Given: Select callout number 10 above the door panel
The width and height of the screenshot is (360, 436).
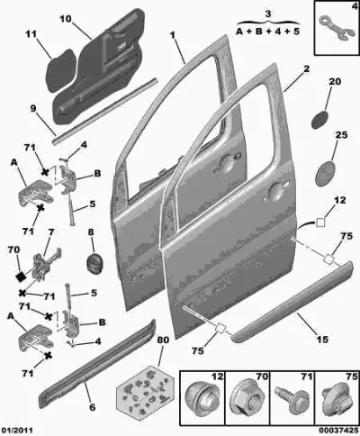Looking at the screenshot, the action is [66, 19].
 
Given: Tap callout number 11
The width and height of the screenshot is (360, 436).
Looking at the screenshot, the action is [31, 34].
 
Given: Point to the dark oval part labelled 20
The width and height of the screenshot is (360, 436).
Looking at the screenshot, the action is [320, 120].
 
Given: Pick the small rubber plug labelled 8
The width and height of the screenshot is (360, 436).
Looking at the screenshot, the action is [94, 263].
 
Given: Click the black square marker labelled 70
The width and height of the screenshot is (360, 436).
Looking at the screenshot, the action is [22, 276].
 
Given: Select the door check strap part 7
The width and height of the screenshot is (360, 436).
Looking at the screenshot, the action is [47, 262].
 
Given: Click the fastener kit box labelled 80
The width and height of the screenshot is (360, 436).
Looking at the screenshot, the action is [145, 390].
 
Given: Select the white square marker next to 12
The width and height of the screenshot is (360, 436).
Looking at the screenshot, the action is [320, 223].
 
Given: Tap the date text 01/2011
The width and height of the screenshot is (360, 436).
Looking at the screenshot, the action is [17, 431].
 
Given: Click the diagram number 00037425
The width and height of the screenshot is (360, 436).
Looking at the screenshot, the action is [338, 431].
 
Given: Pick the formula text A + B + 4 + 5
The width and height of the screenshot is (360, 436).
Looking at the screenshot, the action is [267, 32].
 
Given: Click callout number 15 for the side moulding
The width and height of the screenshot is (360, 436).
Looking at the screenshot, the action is [322, 340].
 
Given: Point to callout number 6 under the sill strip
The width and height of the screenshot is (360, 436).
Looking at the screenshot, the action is [93, 407].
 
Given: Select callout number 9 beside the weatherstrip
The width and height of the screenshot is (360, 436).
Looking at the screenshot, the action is [33, 109].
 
